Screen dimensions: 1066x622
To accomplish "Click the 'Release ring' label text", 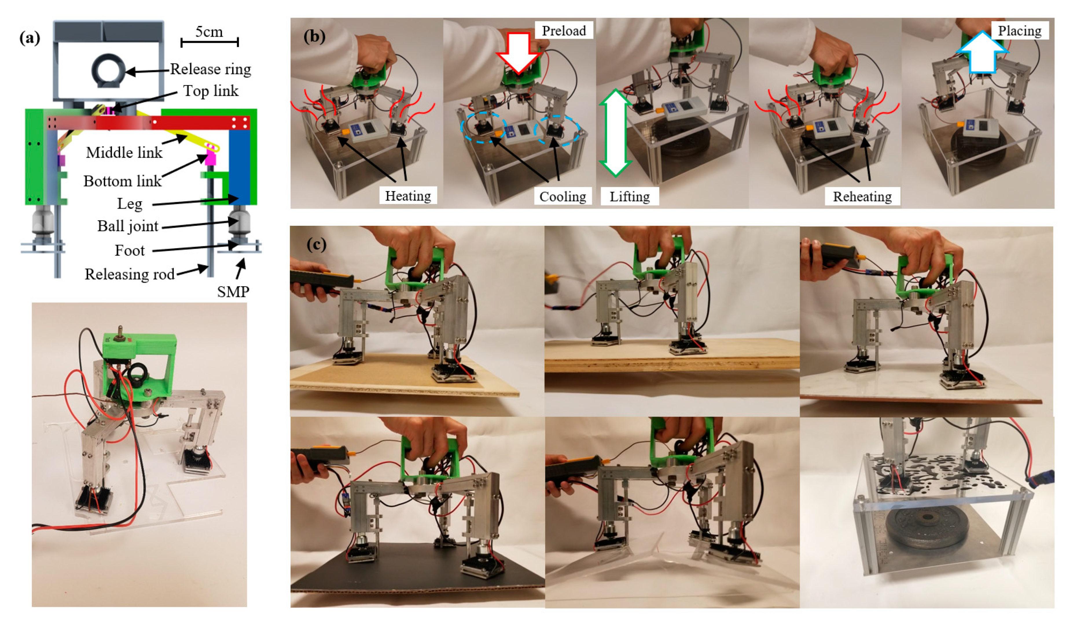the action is (x=210, y=69).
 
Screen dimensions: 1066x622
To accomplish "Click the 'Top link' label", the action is (x=211, y=91).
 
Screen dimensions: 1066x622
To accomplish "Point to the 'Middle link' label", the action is (x=124, y=152).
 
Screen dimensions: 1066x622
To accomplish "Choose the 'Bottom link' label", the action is (x=122, y=181).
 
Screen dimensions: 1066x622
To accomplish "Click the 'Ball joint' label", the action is (x=128, y=226).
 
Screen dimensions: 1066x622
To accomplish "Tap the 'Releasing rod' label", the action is (x=129, y=274).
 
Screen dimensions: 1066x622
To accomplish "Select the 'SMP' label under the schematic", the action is (x=233, y=291).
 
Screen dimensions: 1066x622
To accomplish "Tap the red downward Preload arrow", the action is (x=518, y=53).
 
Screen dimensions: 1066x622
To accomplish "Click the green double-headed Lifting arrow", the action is (x=615, y=133).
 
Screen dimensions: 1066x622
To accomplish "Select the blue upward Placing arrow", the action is (x=982, y=52).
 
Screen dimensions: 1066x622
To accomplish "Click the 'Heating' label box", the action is (x=408, y=196).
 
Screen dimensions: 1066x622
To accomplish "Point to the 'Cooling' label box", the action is (x=562, y=196).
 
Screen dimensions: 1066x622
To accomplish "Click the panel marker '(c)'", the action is (x=317, y=245).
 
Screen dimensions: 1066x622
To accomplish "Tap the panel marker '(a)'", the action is (x=30, y=38).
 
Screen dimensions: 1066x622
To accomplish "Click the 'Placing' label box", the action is (x=1019, y=30).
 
